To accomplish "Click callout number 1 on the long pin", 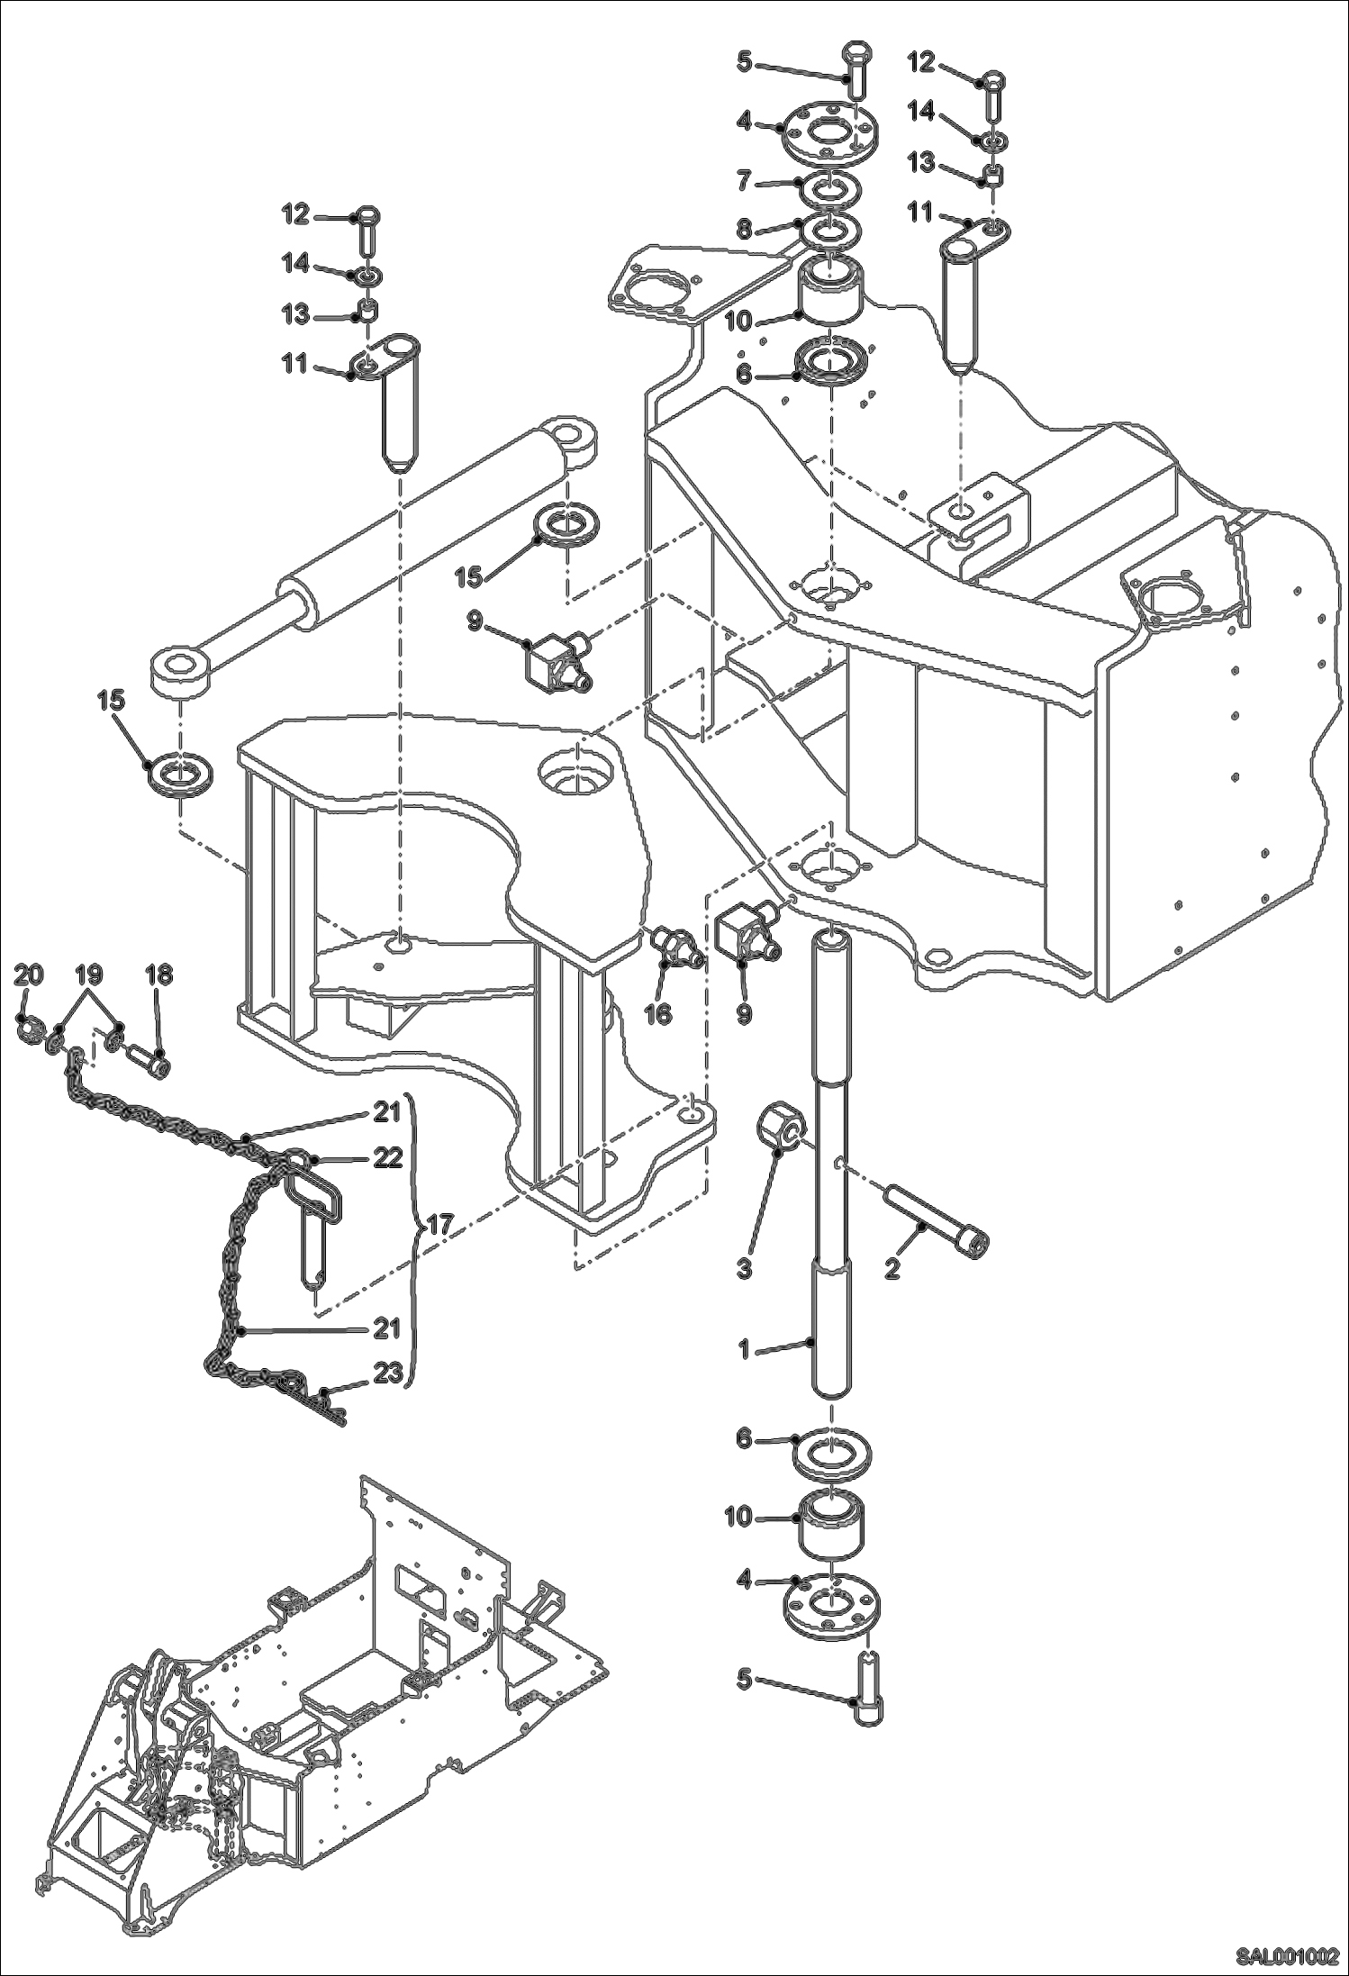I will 744,1349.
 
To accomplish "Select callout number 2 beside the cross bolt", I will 892,1269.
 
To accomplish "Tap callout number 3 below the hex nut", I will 744,1269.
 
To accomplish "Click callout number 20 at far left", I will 29,974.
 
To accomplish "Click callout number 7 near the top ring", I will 743,183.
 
